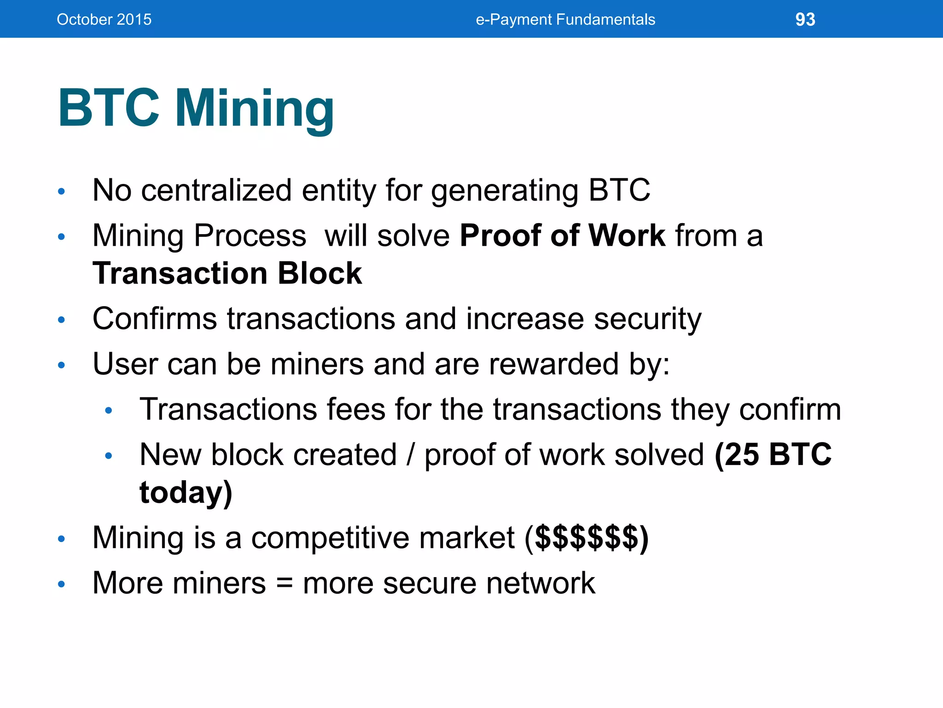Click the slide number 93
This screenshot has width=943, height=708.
pos(805,19)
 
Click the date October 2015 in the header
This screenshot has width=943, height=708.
pos(104,19)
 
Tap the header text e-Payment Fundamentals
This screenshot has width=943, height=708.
pos(565,19)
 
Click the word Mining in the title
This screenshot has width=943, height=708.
pos(254,109)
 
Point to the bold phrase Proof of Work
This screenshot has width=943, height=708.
pos(562,236)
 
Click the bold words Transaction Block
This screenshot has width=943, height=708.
pos(227,273)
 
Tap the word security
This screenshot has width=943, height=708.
pos(647,319)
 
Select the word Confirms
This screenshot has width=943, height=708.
pos(154,319)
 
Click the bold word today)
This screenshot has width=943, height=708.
pos(186,492)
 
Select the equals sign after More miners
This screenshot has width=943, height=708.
pos(284,584)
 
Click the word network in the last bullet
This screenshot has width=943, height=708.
pos(541,583)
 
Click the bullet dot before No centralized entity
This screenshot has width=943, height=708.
pos(61,191)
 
